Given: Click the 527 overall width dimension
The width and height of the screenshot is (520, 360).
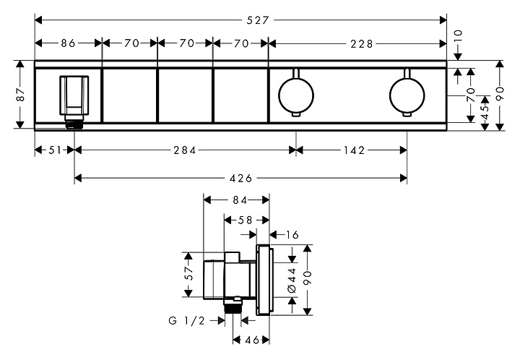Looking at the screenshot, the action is pyautogui.click(x=257, y=20).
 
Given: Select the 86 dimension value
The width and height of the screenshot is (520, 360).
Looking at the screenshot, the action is pyautogui.click(x=68, y=43).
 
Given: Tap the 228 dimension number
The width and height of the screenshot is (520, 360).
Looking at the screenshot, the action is pyautogui.click(x=362, y=44).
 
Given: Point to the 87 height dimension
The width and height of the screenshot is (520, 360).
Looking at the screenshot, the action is pyautogui.click(x=20, y=94).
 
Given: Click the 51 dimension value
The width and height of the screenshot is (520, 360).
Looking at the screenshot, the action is pyautogui.click(x=55, y=150).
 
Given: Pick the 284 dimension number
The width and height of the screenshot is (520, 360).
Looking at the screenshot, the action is pyautogui.click(x=185, y=150).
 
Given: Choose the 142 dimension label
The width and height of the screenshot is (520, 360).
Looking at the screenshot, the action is pyautogui.click(x=354, y=150).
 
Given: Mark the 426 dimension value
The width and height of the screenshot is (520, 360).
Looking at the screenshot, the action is pyautogui.click(x=240, y=179).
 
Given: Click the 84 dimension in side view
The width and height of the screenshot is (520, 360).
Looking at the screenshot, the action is pyautogui.click(x=240, y=200).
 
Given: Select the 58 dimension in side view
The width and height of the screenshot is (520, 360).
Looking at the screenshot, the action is pyautogui.click(x=245, y=220).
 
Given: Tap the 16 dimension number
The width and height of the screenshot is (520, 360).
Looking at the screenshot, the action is pyautogui.click(x=292, y=235).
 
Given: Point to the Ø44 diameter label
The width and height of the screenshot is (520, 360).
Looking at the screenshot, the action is pyautogui.click(x=292, y=280).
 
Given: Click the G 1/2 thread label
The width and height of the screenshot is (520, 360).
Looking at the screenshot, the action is pyautogui.click(x=187, y=320).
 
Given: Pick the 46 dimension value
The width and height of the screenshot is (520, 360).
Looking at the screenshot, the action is pyautogui.click(x=252, y=340).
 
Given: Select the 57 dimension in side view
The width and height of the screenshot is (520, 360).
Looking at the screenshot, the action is pyautogui.click(x=188, y=273).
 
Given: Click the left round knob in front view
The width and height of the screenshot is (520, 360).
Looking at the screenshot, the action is pyautogui.click(x=296, y=95).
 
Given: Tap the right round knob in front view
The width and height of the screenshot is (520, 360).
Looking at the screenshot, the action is pyautogui.click(x=407, y=95).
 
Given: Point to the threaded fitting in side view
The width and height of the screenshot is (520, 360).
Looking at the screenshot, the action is pyautogui.click(x=233, y=307).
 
